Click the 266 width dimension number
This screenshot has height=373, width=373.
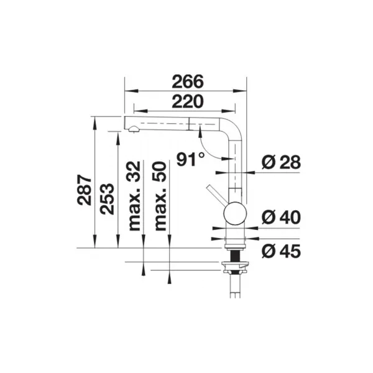[x=188, y=81]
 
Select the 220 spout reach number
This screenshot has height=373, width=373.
[x=188, y=101]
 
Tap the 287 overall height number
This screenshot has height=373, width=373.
[x=84, y=190]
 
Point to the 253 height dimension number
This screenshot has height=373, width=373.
[x=107, y=199]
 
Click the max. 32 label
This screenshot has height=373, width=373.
[x=134, y=196]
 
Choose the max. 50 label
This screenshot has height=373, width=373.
[x=160, y=196]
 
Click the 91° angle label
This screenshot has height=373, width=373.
[x=191, y=159]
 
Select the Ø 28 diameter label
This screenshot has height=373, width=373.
[x=281, y=162]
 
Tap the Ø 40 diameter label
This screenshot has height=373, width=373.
[x=281, y=217]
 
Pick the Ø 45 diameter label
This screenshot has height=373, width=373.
[x=281, y=251]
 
